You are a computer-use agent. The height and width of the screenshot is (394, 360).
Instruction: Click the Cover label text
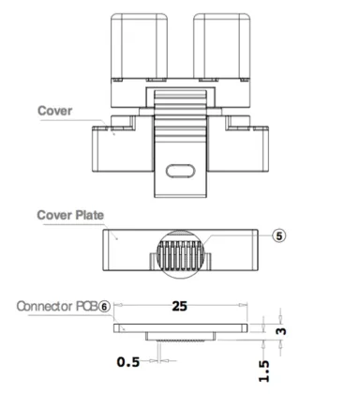click(54, 111)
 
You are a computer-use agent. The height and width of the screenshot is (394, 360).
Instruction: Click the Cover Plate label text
click(70, 214)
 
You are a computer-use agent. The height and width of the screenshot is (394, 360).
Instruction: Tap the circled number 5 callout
click(277, 235)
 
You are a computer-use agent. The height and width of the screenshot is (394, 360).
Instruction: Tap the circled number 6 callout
click(105, 306)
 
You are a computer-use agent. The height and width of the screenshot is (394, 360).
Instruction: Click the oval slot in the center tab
click(178, 170)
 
